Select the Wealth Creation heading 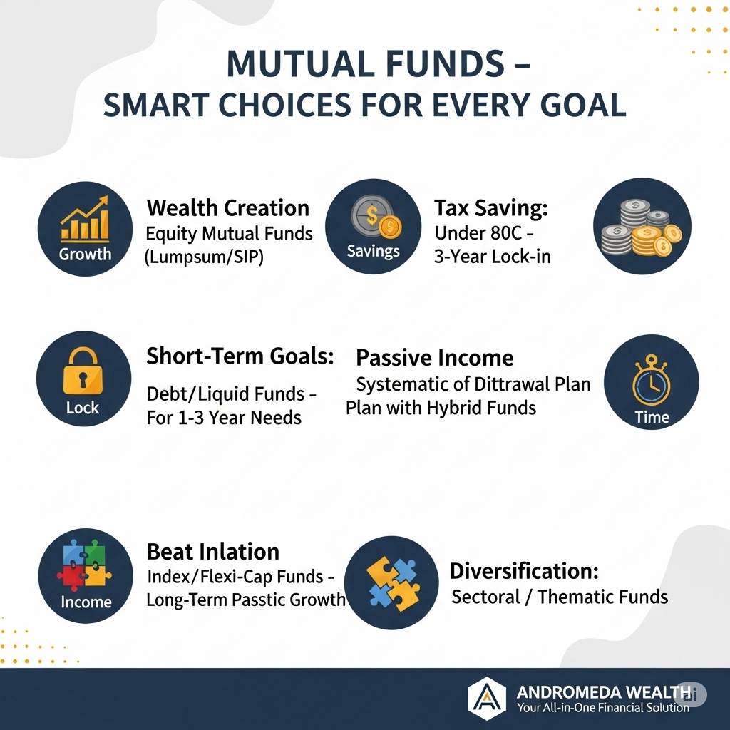tap(228, 207)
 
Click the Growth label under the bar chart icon tap(86, 255)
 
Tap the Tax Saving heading tap(491, 208)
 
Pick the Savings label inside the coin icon tap(374, 251)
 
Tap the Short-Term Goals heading tap(240, 356)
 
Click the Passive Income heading tap(435, 358)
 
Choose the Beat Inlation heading tap(213, 552)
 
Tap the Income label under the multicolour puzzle tap(86, 602)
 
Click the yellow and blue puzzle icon tap(394, 583)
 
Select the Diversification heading tap(524, 571)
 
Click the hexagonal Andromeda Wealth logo tap(487, 699)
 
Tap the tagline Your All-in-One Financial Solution tap(603, 708)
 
